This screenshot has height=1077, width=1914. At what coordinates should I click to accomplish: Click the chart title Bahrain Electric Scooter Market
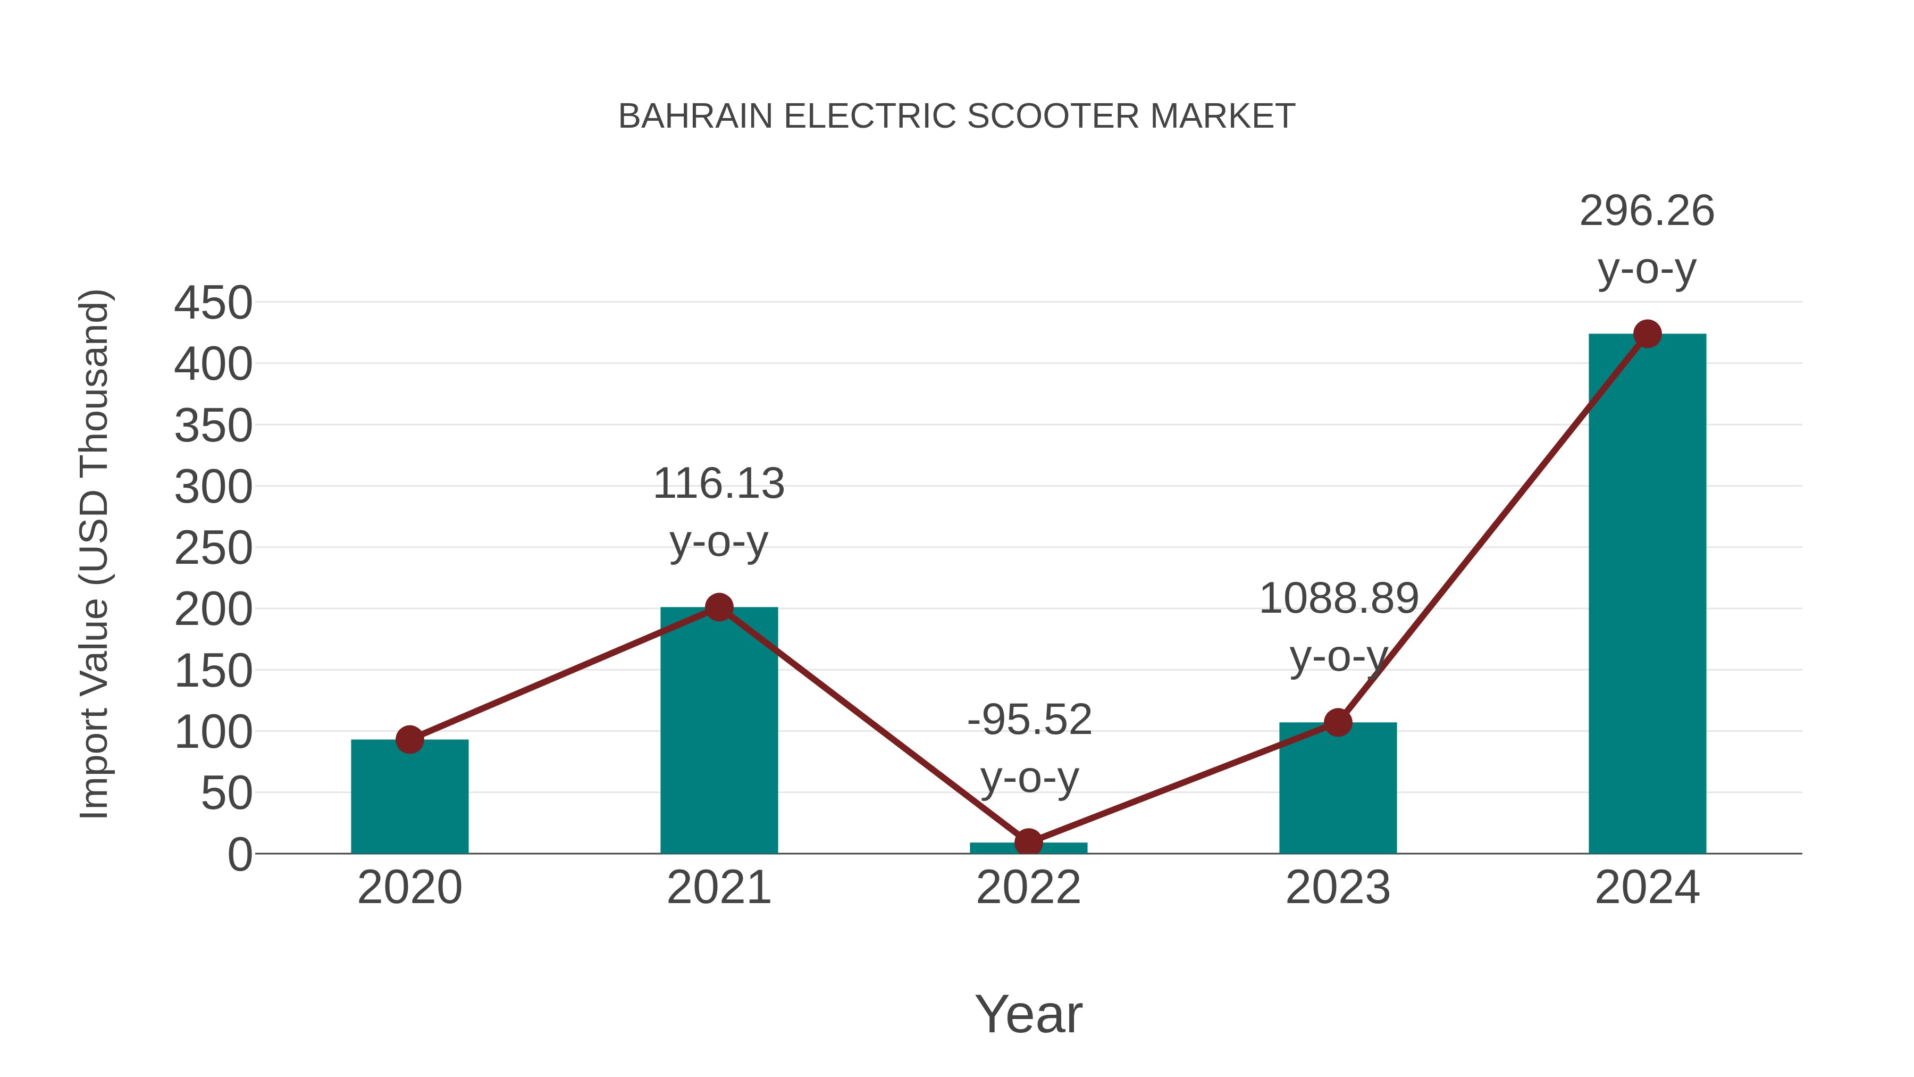pos(956,116)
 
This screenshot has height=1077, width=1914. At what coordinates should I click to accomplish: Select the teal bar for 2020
pos(409,799)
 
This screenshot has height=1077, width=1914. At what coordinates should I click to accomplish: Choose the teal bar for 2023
pos(1338,791)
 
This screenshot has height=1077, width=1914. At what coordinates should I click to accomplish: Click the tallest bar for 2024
pos(1647,595)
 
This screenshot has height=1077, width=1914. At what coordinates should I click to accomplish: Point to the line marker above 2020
pos(409,740)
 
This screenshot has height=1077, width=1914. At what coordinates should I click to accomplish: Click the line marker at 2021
pos(718,607)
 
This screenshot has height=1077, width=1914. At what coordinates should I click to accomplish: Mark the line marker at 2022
pos(1028,843)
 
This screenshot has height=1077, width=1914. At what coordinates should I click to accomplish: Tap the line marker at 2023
pos(1338,722)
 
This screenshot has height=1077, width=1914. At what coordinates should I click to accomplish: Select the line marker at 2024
pos(1647,333)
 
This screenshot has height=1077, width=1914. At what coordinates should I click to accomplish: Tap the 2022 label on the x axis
pos(1028,888)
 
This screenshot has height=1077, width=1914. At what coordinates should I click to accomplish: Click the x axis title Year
pos(1028,1014)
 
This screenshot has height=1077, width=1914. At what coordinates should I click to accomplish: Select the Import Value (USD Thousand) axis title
pos(95,554)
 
